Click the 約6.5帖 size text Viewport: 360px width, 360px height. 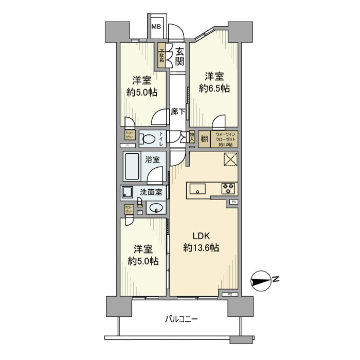(x=214, y=88)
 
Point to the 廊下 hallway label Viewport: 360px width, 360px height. (x=177, y=111)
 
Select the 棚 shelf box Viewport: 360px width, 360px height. (x=204, y=138)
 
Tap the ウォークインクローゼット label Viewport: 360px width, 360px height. (x=224, y=138)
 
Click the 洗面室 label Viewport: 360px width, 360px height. (x=151, y=192)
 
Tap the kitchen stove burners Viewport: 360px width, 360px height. (x=228, y=188)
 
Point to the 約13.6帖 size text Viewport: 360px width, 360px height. (x=201, y=248)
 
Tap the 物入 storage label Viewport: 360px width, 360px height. (x=192, y=136)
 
